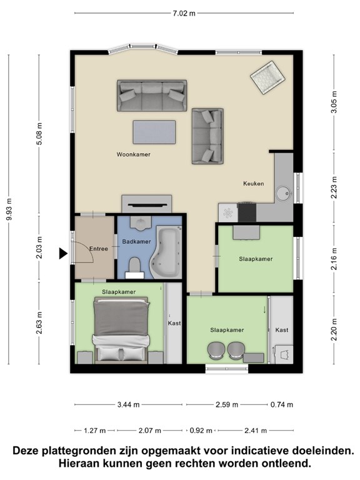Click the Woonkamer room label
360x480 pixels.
tap(134, 154)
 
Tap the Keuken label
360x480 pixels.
tap(254, 184)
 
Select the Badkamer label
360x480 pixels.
tap(136, 241)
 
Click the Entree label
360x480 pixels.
tap(99, 249)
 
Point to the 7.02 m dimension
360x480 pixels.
tap(184, 13)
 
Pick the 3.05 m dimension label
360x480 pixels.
tap(334, 102)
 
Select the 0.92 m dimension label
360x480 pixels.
tap(201, 431)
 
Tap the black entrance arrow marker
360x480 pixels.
tap(63, 254)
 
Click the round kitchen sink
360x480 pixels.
tap(284, 194)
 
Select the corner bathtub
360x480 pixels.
tap(166, 252)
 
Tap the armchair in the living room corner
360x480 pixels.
tap(268, 77)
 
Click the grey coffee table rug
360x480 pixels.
tap(154, 132)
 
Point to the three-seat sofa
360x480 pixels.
tap(152, 96)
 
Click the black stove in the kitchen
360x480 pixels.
tap(247, 212)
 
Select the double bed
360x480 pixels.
tap(121, 330)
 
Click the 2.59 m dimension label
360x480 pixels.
tap(227, 405)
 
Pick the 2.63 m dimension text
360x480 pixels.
tap(39, 323)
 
